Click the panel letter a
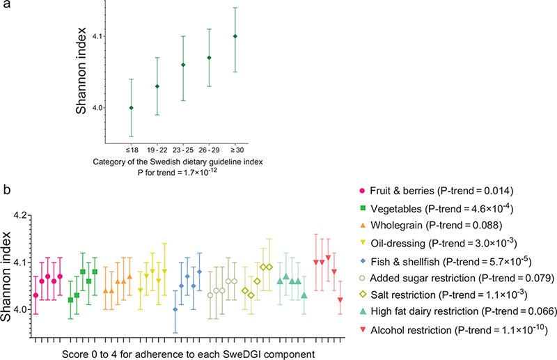[x=5, y=6]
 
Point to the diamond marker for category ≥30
[x=235, y=36]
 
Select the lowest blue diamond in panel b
[x=175, y=309]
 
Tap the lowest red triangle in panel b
[x=340, y=299]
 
